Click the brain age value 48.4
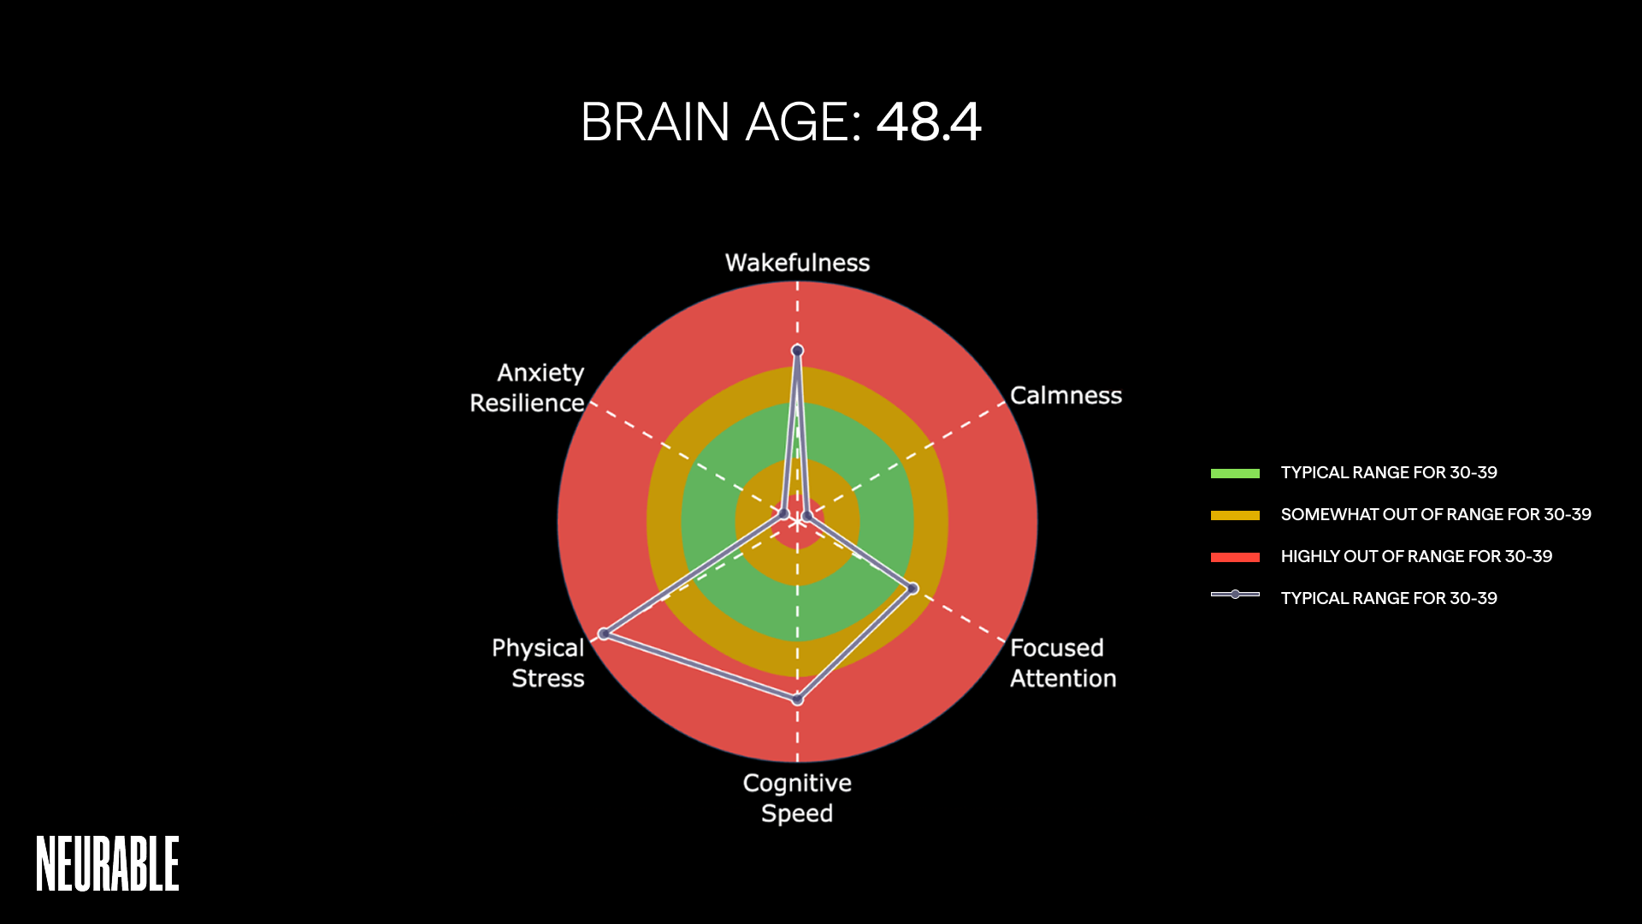pos(929,121)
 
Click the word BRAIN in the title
pos(655,121)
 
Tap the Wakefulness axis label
pos(797,263)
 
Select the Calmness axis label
pos(1066,395)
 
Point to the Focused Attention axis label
pos(1062,663)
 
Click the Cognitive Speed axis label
pos(797,797)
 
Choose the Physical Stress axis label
pos(539,663)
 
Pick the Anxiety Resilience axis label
pos(528,388)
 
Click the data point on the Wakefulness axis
pos(797,350)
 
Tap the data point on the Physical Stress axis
pos(604,634)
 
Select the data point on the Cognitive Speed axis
pos(797,699)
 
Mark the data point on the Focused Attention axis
pos(913,588)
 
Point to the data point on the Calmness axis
pos(806,516)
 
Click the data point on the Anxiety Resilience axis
pos(783,513)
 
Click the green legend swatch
pos(1235,473)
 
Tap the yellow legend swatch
pos(1235,515)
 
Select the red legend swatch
pos(1235,557)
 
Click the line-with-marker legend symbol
pos(1235,595)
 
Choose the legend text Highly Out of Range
pos(1416,557)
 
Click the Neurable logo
pos(108,863)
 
